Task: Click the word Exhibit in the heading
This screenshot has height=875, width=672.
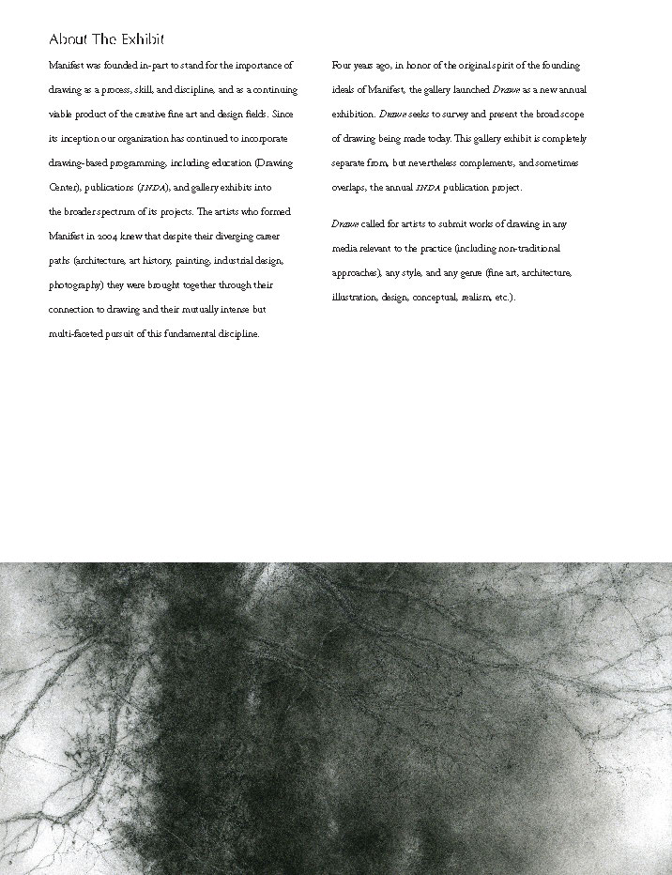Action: pos(141,39)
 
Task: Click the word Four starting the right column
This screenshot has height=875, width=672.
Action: pos(342,66)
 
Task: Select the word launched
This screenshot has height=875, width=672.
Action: pos(466,90)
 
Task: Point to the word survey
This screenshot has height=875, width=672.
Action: pos(448,115)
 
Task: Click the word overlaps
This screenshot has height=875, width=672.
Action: pos(349,188)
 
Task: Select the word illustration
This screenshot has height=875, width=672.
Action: pos(353,298)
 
